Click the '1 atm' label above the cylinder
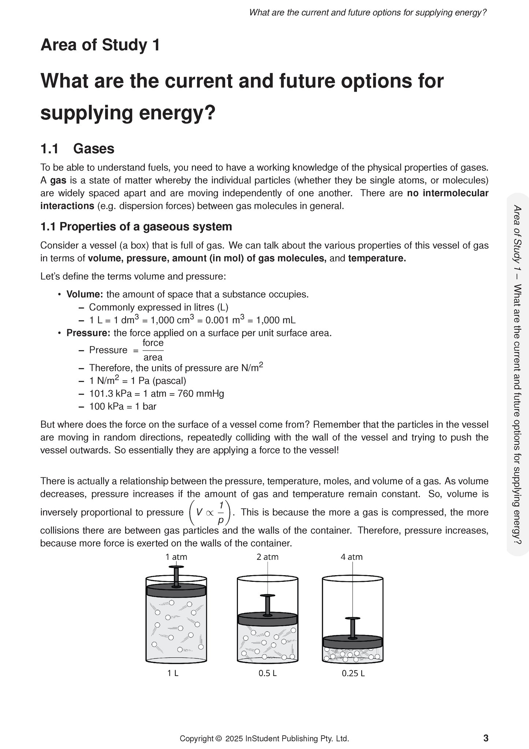[x=176, y=557]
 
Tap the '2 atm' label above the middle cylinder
[x=267, y=557]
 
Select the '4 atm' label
[x=351, y=557]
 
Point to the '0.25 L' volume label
[x=353, y=673]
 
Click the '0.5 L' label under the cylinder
[x=267, y=673]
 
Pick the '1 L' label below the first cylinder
[x=173, y=673]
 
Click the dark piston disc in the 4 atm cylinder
[x=353, y=642]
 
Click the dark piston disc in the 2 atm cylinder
[x=267, y=619]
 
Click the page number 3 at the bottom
[x=486, y=738]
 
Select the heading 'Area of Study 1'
[x=100, y=45]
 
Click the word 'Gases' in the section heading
[x=94, y=148]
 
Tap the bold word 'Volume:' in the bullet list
[x=85, y=294]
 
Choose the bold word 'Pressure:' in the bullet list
[x=88, y=333]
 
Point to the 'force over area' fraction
[x=153, y=350]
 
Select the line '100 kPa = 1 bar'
[x=123, y=406]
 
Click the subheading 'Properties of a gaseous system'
[x=145, y=227]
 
